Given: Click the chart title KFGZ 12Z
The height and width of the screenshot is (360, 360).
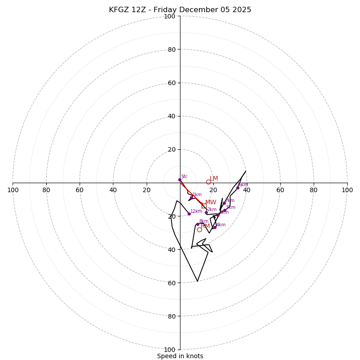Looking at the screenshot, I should coord(180,10).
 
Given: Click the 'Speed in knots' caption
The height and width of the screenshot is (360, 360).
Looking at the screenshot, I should coord(180,356).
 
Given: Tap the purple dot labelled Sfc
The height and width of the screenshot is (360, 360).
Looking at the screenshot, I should coord(180,180).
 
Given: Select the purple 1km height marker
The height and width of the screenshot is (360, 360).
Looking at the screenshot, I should coord(191,198).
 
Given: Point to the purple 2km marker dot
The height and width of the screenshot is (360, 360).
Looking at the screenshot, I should coord(207,212).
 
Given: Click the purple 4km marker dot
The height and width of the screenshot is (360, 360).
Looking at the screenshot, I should coord(215,227).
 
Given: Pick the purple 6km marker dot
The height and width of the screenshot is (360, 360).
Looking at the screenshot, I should coord(238,188).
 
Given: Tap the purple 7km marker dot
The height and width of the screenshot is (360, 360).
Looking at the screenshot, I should coord(224,203).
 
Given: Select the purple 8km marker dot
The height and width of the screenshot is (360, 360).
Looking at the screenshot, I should coord(198,224).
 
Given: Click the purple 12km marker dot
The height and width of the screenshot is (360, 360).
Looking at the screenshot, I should coord(189,214).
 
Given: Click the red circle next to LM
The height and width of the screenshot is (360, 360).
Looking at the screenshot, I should coord(208,182).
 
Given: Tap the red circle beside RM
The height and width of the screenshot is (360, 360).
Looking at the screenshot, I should coord(199,229).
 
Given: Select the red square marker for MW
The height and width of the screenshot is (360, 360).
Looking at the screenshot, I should coord(204,206).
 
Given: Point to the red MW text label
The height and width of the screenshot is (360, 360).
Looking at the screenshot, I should coord(211,202).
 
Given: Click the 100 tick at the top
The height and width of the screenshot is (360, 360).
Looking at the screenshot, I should coord(170,16).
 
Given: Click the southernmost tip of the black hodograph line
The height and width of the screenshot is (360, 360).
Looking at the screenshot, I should coord(197,281).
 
